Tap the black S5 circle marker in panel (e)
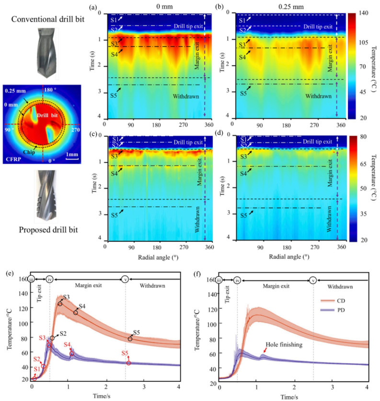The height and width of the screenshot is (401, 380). [130, 339]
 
